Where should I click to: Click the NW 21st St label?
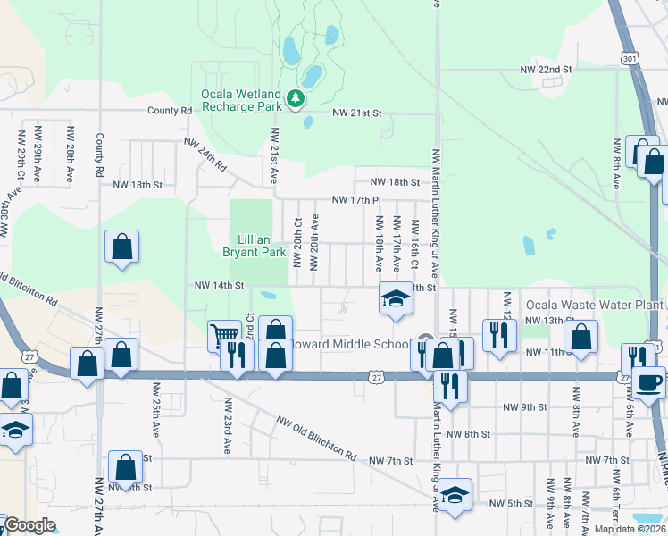(x=357, y=113)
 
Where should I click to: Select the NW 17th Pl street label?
(x=357, y=200)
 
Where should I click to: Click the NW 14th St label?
(x=220, y=286)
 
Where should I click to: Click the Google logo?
(x=29, y=525)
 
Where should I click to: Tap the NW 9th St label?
(x=524, y=406)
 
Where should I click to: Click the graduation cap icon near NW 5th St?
(x=455, y=494)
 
